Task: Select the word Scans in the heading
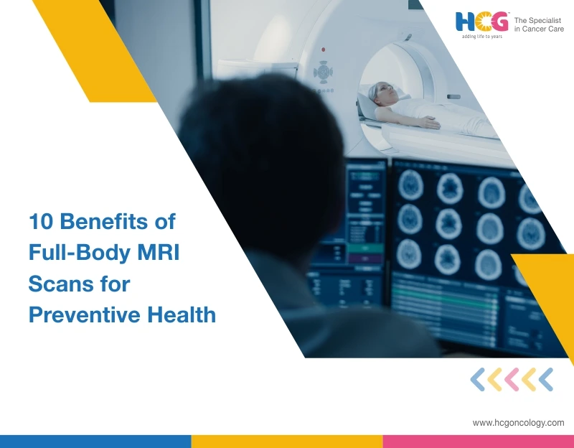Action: [x=58, y=284]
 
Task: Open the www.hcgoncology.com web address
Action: [x=518, y=423]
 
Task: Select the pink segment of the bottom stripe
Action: [x=478, y=441]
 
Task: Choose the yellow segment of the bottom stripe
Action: [x=287, y=441]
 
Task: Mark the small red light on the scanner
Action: [x=323, y=49]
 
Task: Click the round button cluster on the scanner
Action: [x=324, y=72]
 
